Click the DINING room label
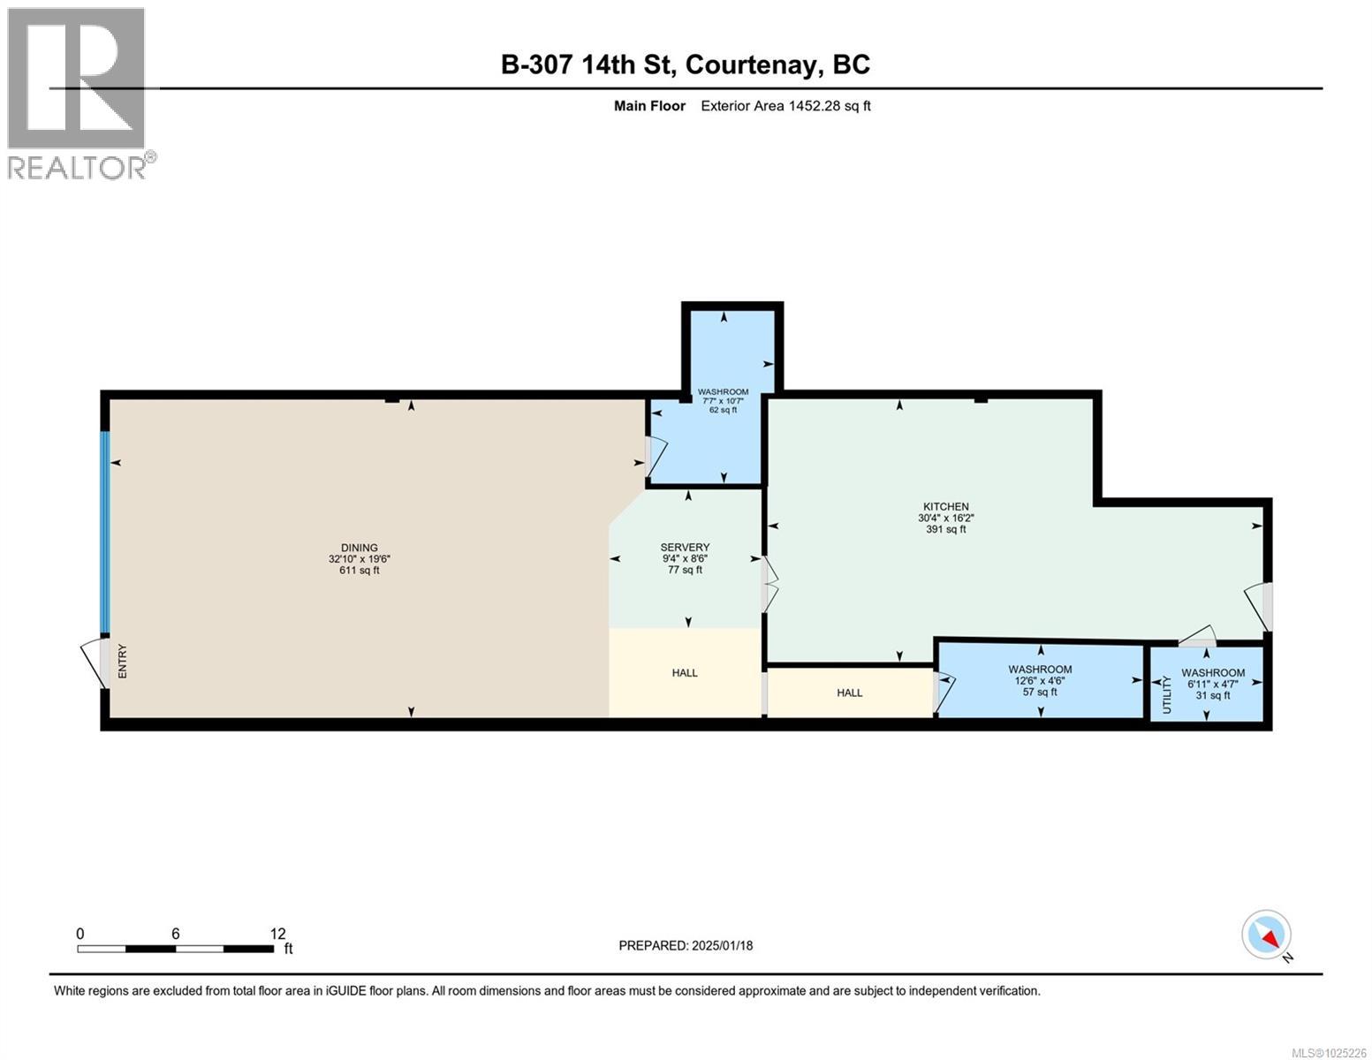coord(359,548)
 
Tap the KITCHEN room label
coord(945,506)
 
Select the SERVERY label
coord(685,547)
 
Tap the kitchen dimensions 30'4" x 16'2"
coord(945,519)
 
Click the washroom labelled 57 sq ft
coord(1040,680)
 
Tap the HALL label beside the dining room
coord(685,673)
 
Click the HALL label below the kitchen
coord(849,693)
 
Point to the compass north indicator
coord(1268,936)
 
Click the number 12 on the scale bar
coord(277,934)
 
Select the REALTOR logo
coord(78,93)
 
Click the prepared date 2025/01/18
coord(721,945)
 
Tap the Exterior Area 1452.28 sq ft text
coord(785,106)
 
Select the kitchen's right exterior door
coord(1263,606)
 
